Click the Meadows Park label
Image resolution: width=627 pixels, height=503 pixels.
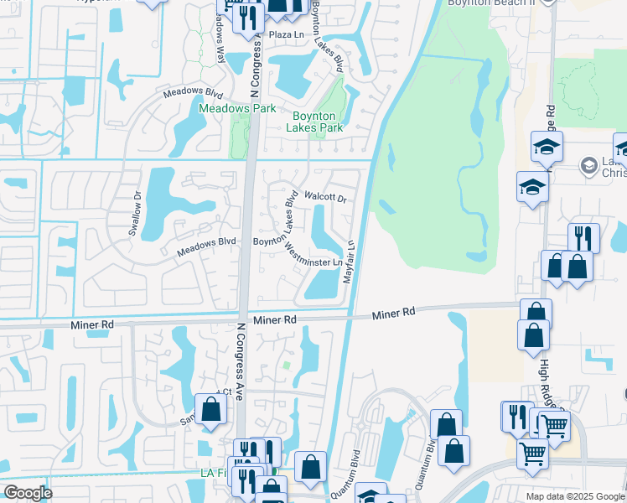[x=237, y=109]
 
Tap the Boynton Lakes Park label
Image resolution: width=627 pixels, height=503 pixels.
[x=314, y=122]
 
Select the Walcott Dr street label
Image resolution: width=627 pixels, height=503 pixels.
[x=324, y=198]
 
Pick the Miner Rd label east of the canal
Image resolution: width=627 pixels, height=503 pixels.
[x=394, y=312]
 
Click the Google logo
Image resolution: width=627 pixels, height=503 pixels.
[x=28, y=493]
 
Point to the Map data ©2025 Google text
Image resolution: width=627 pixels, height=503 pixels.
[x=575, y=496]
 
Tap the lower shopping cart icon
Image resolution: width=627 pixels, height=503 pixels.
[x=533, y=454]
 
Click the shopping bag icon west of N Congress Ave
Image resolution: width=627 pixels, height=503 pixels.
[x=211, y=409]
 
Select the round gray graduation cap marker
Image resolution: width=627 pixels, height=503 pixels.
[x=589, y=166]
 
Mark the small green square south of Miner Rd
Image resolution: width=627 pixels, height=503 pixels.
[x=286, y=365]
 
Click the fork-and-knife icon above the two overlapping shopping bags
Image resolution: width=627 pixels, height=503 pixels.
[x=583, y=238]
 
